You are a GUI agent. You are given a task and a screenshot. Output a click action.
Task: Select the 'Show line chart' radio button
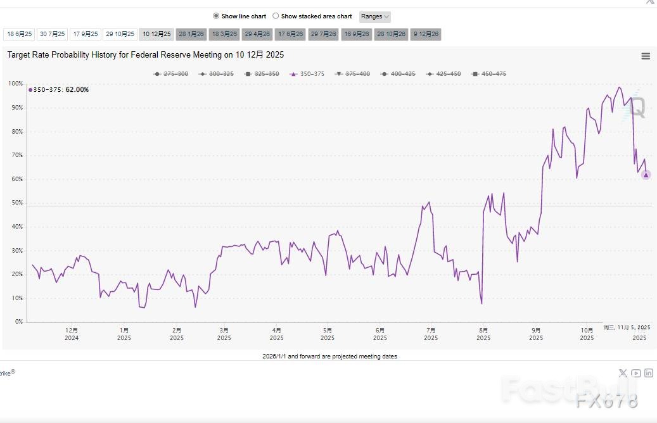tap(216, 16)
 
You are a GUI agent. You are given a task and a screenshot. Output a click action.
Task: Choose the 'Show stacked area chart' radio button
tap(276, 16)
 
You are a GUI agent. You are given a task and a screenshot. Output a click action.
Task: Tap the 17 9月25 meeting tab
tap(85, 34)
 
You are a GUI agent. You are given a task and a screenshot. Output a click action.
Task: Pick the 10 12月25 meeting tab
tap(156, 34)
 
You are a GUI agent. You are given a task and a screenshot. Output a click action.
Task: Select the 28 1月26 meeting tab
tap(191, 34)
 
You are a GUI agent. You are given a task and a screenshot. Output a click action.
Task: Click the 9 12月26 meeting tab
tap(426, 34)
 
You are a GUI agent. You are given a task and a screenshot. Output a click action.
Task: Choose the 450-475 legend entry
tap(489, 74)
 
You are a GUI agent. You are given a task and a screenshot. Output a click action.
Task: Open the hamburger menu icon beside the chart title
tap(646, 56)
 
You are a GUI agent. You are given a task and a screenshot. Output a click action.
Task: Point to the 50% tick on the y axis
tap(16, 203)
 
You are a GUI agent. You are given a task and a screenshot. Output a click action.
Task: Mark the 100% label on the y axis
tap(15, 84)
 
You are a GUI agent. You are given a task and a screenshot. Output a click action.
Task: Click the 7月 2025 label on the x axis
tap(431, 334)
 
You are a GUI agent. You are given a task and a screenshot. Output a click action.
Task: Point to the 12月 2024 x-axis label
tap(72, 334)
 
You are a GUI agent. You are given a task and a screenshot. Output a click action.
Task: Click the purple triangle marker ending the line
tap(646, 175)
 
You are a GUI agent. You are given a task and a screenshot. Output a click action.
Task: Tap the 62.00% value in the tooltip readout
tap(77, 90)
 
